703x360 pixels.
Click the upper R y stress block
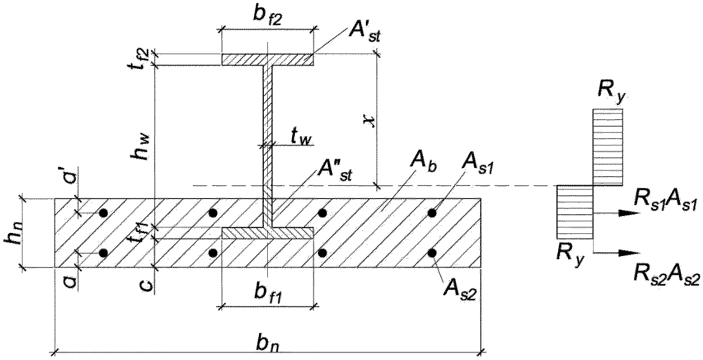[x=607, y=147]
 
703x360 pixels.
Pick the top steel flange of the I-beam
[x=268, y=60]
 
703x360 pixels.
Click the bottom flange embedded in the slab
[x=268, y=233]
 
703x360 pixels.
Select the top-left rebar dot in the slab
[x=103, y=213]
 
